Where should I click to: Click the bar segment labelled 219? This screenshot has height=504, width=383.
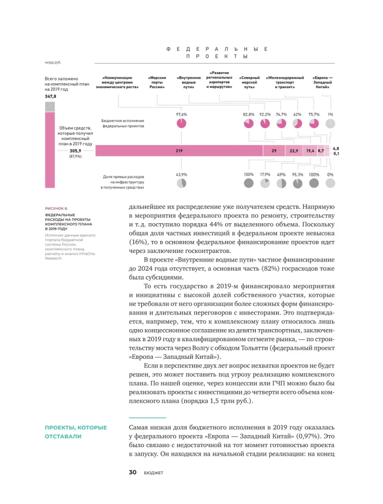pyautogui.click(x=179, y=151)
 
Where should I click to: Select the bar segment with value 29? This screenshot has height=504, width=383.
pyautogui.click(x=273, y=151)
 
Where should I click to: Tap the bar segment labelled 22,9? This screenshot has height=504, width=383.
pyautogui.click(x=294, y=151)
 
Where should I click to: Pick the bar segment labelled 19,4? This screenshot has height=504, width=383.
pyautogui.click(x=310, y=151)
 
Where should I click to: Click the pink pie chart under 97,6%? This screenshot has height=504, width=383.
pyautogui.click(x=181, y=123)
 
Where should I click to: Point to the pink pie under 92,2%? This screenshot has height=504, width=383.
pyautogui.click(x=265, y=123)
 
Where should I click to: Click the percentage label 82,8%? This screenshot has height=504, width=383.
pyautogui.click(x=248, y=114)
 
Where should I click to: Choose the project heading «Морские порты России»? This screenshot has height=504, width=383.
pyautogui.click(x=156, y=82)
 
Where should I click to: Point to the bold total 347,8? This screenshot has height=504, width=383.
pyautogui.click(x=51, y=96)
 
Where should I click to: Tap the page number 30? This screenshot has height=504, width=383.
pyautogui.click(x=133, y=472)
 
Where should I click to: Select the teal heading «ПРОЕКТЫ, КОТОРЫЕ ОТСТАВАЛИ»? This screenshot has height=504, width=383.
pyautogui.click(x=76, y=432)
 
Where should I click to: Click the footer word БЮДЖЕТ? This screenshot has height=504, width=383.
pyautogui.click(x=153, y=473)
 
